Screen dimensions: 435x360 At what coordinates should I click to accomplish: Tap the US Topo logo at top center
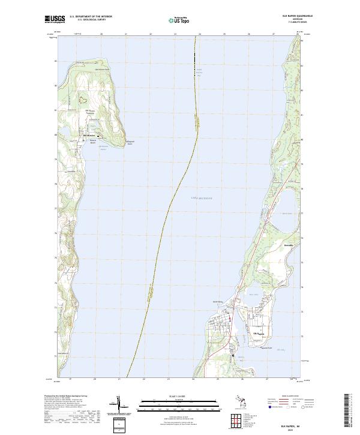click(x=178, y=20)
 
